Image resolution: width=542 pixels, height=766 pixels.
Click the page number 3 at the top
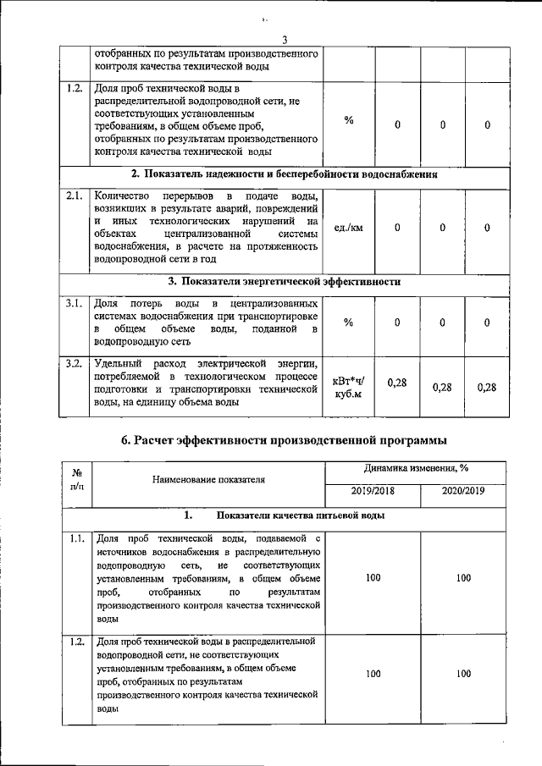[285, 38]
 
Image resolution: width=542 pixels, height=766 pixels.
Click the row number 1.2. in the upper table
[74, 88]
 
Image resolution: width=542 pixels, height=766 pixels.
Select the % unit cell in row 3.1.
[349, 322]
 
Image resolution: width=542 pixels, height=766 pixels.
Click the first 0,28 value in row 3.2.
[396, 383]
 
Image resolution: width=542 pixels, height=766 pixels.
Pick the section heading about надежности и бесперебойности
[290, 175]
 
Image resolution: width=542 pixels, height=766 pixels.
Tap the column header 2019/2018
[373, 490]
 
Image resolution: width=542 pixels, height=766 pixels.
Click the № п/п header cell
[77, 479]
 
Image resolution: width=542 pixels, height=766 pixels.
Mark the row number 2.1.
[74, 195]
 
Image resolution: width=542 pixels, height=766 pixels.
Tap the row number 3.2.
[74, 363]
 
